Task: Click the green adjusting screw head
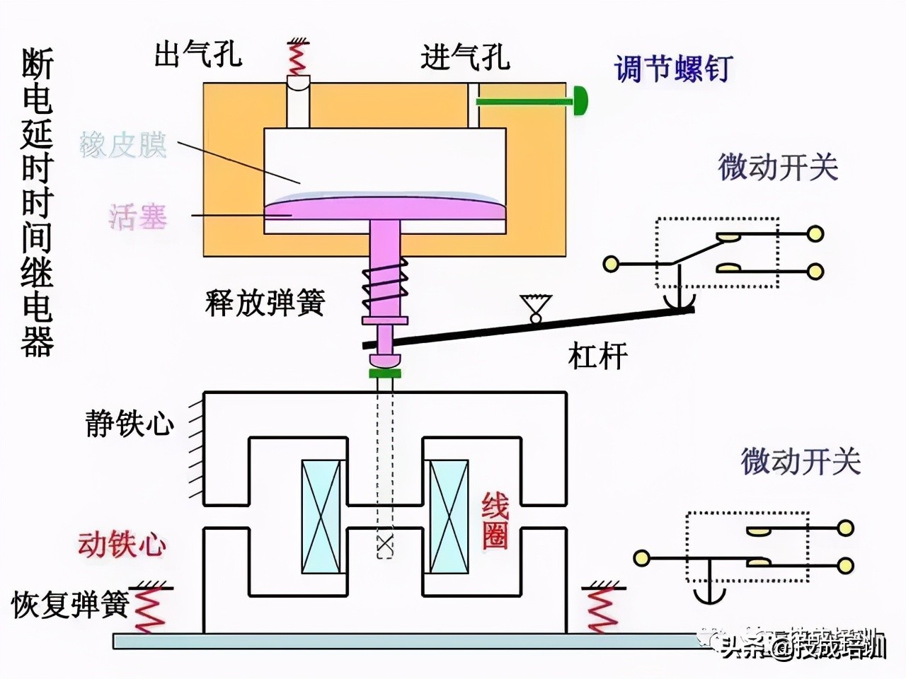580,101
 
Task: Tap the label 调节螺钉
672,69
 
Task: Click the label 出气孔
198,54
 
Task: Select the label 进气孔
465,57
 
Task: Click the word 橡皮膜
124,144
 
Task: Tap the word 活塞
138,216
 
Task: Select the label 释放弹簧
265,302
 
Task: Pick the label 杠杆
597,356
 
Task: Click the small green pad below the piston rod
385,373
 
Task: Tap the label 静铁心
130,424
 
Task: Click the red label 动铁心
122,545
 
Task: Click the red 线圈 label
495,521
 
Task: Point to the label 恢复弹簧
69,605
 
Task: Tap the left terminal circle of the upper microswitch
611,264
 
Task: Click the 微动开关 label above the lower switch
801,461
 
